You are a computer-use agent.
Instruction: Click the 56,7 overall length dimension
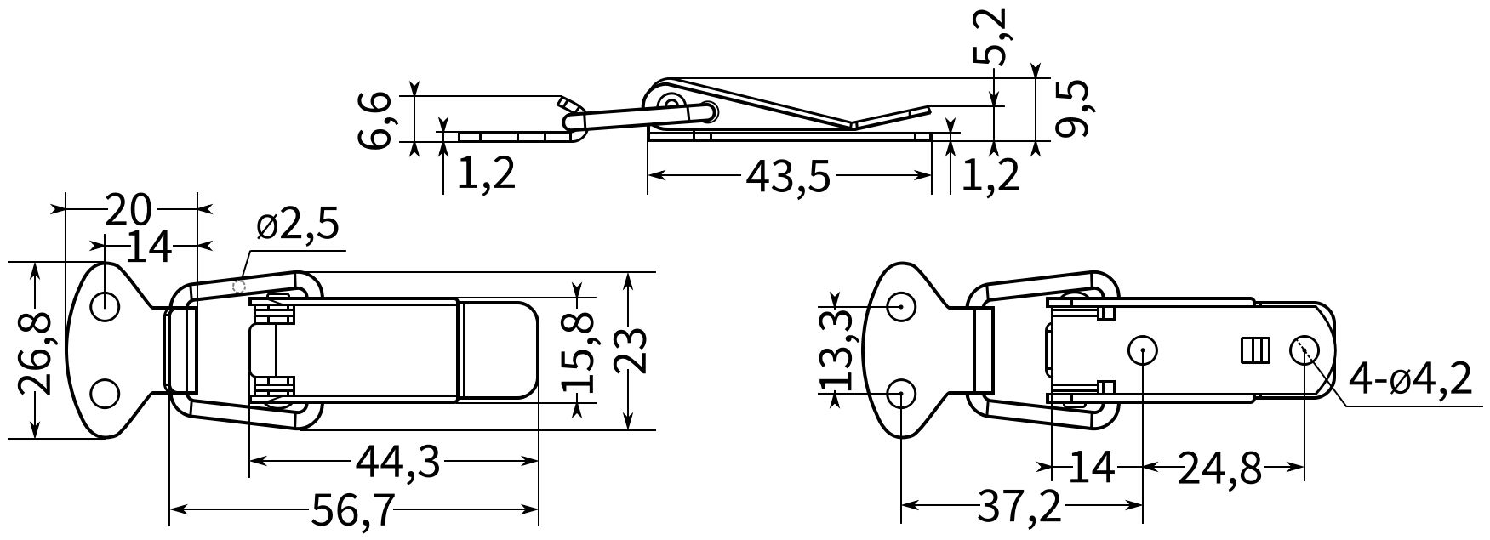point(353,510)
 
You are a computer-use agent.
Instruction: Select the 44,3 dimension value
point(397,462)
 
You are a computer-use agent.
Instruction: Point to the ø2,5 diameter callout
point(298,226)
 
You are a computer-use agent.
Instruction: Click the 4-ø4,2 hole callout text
point(1410,381)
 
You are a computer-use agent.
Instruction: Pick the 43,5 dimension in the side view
point(788,176)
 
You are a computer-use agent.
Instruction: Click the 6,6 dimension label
point(374,121)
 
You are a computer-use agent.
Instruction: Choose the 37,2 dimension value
point(1020,509)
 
